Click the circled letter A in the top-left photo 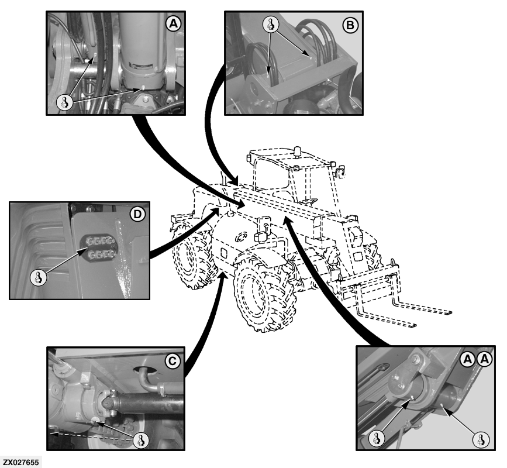(x=173, y=23)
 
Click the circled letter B (x=350, y=25)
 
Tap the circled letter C (x=173, y=360)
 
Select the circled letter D (x=137, y=215)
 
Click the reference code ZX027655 (x=21, y=462)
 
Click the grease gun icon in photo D (x=38, y=278)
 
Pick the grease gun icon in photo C (x=141, y=440)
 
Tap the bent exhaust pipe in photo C (x=147, y=380)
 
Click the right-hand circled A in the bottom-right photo (x=485, y=359)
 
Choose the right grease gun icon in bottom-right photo (x=481, y=440)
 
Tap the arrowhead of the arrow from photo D (x=215, y=212)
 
